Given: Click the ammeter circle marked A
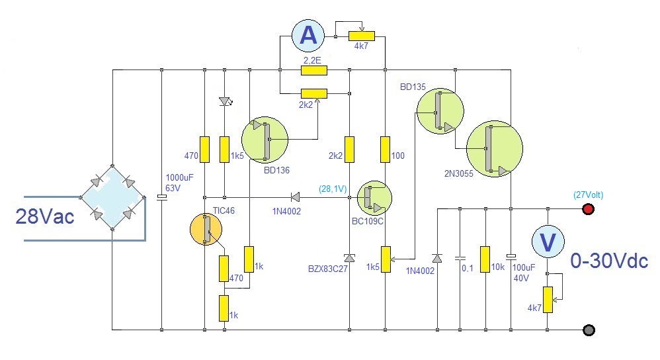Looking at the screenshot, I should coord(308,35).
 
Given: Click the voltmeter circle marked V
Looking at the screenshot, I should coord(548,242).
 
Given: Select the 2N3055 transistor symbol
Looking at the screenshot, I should coord(494,148).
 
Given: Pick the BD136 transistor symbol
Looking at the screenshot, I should coord(265,140).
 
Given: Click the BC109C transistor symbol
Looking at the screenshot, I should coord(374,197).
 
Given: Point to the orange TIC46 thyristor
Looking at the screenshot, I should coord(206,229).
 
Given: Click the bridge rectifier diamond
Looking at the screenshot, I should coord(112,196).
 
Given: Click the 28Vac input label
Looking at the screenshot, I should coord(44,216).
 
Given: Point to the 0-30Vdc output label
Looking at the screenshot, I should coord(608,261).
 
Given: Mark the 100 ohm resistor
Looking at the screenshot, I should coord(386,149).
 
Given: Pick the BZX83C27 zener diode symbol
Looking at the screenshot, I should coord(349,257).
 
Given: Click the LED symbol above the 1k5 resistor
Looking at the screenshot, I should coord(225,101).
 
